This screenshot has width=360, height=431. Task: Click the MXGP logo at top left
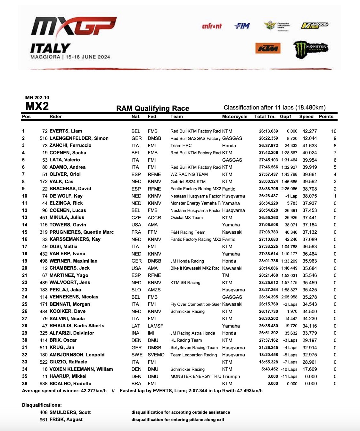(x=73, y=26)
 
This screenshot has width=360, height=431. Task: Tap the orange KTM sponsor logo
(x=268, y=48)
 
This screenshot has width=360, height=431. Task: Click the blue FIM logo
(x=242, y=26)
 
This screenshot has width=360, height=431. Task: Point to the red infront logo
(x=212, y=26)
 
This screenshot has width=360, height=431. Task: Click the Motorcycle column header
(x=234, y=117)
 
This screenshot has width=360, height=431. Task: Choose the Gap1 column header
(x=286, y=117)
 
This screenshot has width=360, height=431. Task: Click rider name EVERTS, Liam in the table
(x=66, y=131)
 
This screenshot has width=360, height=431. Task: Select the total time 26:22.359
(x=268, y=138)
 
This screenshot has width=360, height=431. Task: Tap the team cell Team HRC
(x=181, y=146)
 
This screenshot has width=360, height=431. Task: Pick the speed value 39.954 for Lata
(x=309, y=160)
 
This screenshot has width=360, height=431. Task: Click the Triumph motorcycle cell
(x=231, y=377)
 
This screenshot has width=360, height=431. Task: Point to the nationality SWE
(x=137, y=355)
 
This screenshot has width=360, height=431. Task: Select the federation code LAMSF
(x=155, y=326)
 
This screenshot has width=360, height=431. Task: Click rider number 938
(x=44, y=384)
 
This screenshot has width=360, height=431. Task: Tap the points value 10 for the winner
(x=334, y=131)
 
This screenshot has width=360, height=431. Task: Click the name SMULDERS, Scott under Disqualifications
(x=70, y=412)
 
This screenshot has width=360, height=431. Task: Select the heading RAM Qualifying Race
(x=152, y=108)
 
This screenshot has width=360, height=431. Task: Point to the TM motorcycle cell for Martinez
(x=226, y=275)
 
